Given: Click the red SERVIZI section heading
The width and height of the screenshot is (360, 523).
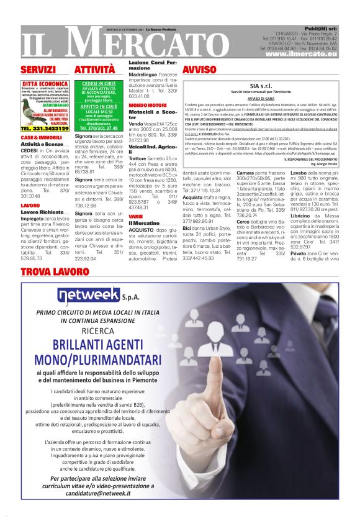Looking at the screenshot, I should click(38, 70).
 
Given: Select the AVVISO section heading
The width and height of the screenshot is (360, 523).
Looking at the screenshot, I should click(200, 70).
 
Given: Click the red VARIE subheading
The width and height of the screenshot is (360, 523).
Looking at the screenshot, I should click(135, 216).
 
